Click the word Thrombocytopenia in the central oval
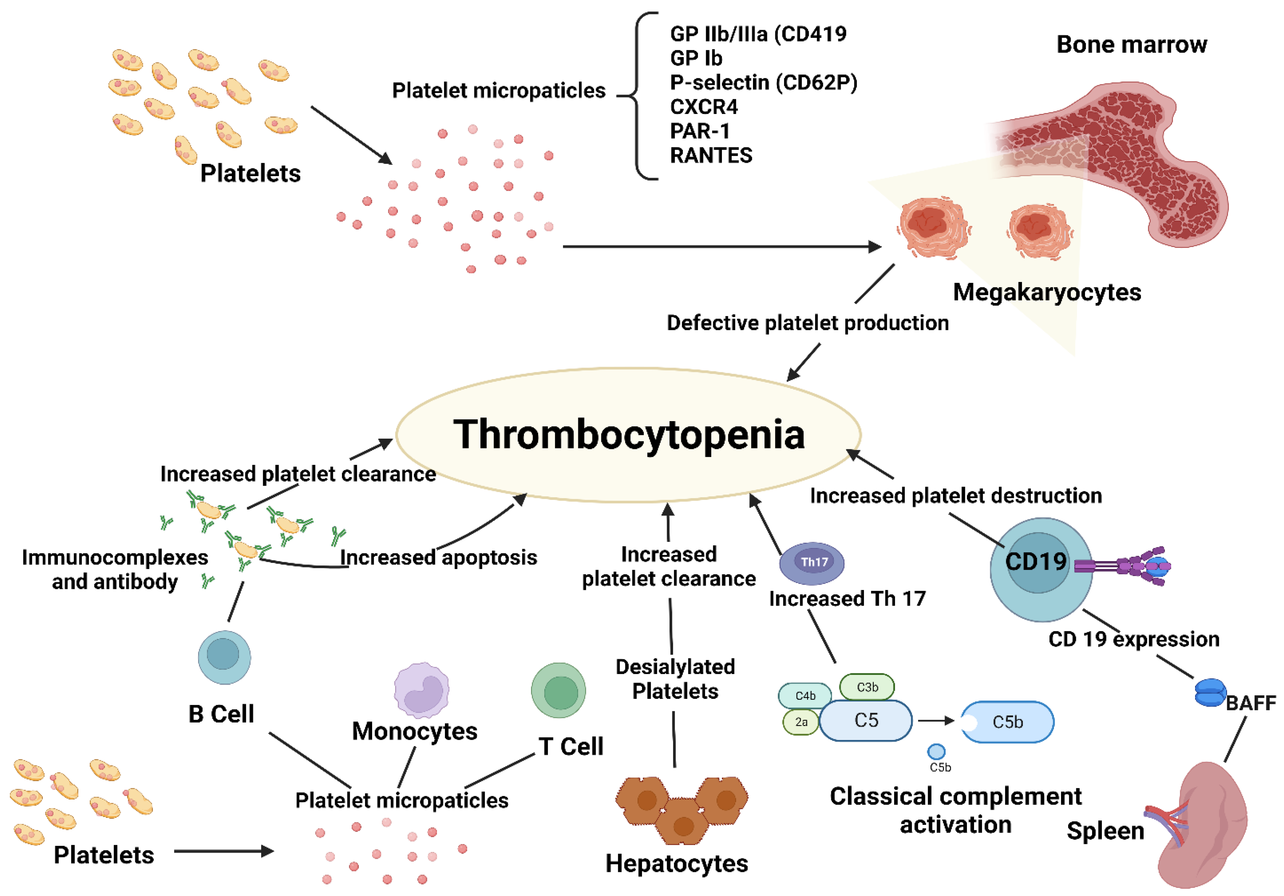click(x=629, y=435)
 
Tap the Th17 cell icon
click(x=812, y=563)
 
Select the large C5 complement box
click(x=866, y=720)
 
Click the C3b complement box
click(x=867, y=687)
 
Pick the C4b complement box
click(x=805, y=696)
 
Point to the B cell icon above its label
click(x=224, y=657)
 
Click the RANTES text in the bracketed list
click(x=711, y=155)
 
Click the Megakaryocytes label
click(x=1047, y=293)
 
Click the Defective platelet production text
click(x=808, y=323)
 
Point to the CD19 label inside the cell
click(x=1036, y=562)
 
